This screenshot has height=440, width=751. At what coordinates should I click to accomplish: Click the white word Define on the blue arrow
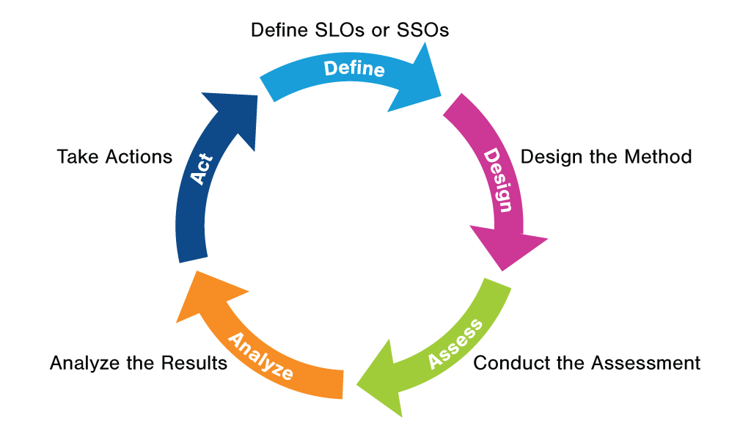[354, 69]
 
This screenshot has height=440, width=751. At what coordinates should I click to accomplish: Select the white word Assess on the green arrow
[455, 343]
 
